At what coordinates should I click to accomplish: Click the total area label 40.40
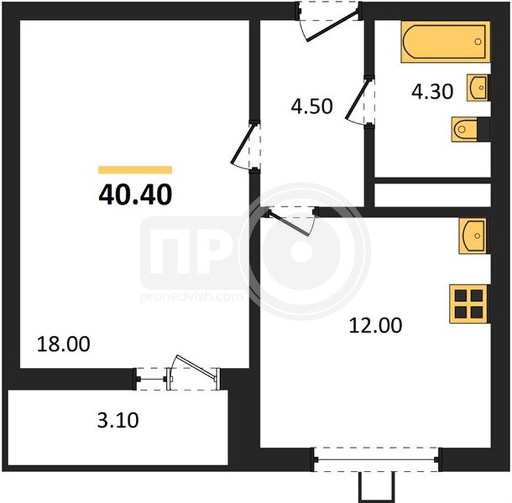click(135, 194)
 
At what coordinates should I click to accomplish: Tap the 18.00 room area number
click(64, 345)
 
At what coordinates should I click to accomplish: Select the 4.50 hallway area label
click(312, 106)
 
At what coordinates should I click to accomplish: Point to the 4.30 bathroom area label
click(432, 91)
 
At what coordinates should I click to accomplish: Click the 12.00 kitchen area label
click(375, 325)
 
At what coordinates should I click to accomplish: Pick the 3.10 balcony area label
click(118, 420)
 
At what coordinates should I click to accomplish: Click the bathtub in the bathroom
click(445, 41)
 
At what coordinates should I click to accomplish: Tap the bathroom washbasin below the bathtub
click(478, 87)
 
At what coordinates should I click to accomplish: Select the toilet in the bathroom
click(471, 129)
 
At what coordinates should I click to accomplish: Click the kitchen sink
click(473, 236)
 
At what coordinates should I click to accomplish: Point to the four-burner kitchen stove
click(469, 304)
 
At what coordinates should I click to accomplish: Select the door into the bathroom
click(360, 101)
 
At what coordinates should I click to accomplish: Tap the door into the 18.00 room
click(245, 145)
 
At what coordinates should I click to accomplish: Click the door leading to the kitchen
click(290, 221)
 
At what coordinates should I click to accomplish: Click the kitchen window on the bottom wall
click(376, 460)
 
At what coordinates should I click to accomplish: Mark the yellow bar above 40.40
click(135, 170)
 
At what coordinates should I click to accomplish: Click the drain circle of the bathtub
click(478, 41)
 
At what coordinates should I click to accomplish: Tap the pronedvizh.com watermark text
click(192, 297)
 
